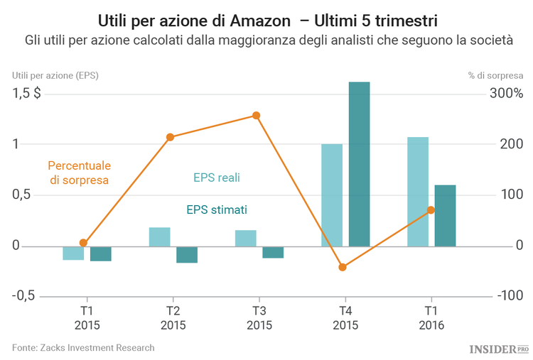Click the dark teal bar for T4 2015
tap(359, 164)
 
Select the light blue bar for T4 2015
tap(332, 195)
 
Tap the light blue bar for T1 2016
tap(418, 192)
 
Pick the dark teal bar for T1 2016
tap(445, 216)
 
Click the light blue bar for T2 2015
tap(160, 237)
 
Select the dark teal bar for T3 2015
tap(273, 252)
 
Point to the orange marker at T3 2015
tap(257, 116)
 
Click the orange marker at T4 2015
tap(343, 267)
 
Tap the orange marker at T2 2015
tap(171, 137)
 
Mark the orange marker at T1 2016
tap(431, 210)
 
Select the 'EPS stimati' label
tap(217, 210)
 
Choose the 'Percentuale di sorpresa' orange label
tap(80, 173)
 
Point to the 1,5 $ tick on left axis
tap(26, 94)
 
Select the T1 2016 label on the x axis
tap(431, 318)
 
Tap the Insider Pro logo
tap(499, 349)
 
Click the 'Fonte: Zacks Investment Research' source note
tap(83, 347)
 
